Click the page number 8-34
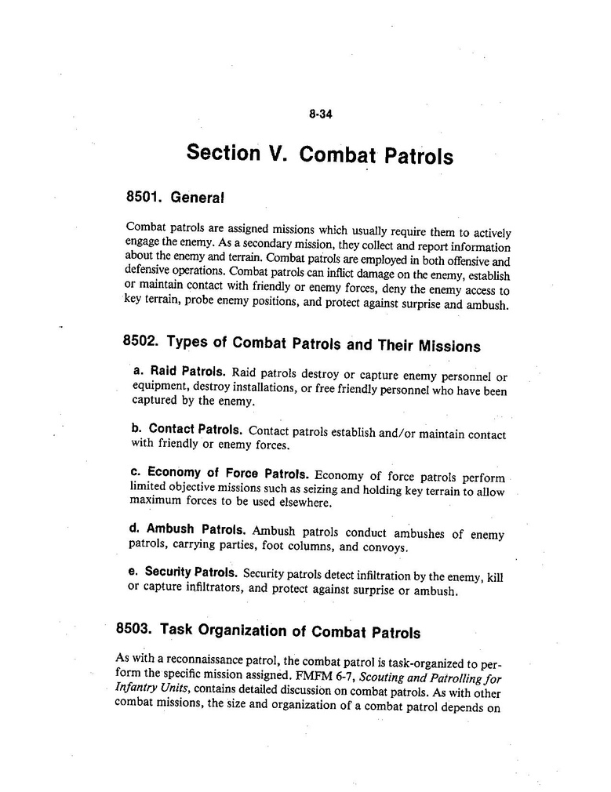pos(322,114)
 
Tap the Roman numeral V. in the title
pos(279,153)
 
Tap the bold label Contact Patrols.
pos(188,430)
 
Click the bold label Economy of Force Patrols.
pos(219,474)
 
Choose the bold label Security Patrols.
pos(184,572)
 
